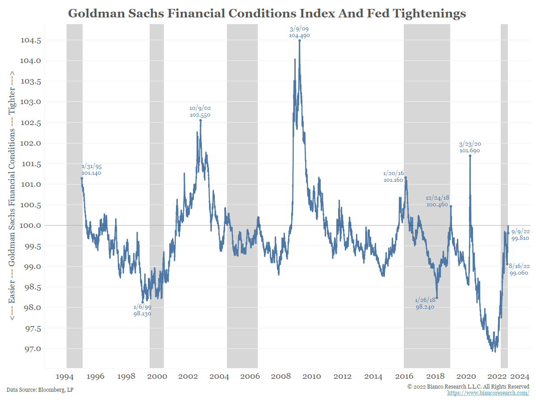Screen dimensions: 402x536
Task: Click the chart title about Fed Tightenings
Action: (267, 13)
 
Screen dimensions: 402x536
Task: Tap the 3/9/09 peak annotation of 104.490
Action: (299, 32)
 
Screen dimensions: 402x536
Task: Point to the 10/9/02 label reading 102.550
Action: (200, 111)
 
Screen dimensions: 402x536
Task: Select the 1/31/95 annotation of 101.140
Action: (92, 170)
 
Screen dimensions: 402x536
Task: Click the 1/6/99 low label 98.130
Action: (142, 310)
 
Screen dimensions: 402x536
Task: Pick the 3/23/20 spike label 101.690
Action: (470, 147)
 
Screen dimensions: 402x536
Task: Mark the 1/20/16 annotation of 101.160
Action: (393, 176)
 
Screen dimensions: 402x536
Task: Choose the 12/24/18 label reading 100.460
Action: (437, 201)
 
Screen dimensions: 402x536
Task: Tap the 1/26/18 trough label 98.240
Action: (424, 304)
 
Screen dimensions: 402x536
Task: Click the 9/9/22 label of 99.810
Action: (520, 235)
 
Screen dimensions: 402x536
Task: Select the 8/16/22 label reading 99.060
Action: (519, 269)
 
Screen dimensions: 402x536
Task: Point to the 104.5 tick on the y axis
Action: (31, 40)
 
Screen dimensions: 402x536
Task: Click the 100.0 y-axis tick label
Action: (31, 226)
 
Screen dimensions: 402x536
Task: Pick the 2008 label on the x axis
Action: (281, 376)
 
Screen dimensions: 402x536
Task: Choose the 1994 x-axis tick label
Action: (65, 376)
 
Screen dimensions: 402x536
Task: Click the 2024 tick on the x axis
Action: (521, 376)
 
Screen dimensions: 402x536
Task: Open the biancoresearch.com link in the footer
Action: (488, 393)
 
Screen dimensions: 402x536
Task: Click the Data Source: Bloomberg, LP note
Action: (40, 390)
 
